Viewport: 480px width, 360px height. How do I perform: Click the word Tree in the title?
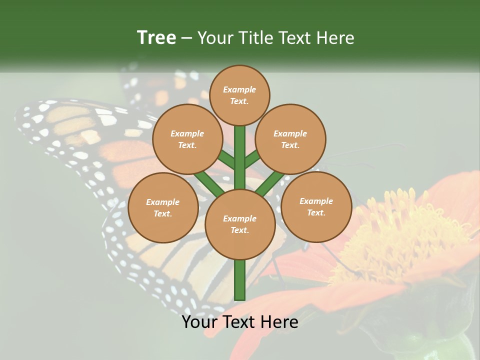click(156, 37)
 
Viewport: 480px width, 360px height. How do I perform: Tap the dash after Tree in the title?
click(187, 38)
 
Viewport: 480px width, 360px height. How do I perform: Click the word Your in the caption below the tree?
click(200, 322)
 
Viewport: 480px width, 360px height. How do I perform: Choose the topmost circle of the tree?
click(239, 95)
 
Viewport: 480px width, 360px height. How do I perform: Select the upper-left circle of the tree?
click(187, 139)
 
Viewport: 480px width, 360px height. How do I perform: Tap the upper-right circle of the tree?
click(290, 139)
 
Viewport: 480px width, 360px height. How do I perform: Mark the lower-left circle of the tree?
click(162, 207)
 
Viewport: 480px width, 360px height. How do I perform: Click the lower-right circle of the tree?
click(316, 206)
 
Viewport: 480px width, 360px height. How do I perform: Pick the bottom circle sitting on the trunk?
click(239, 224)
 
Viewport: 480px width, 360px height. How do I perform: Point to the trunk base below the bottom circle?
click(240, 280)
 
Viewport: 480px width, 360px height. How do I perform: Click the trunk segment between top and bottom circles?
click(240, 157)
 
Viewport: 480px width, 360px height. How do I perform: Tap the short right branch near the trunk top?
click(252, 159)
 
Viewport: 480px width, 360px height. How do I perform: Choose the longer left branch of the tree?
click(209, 183)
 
